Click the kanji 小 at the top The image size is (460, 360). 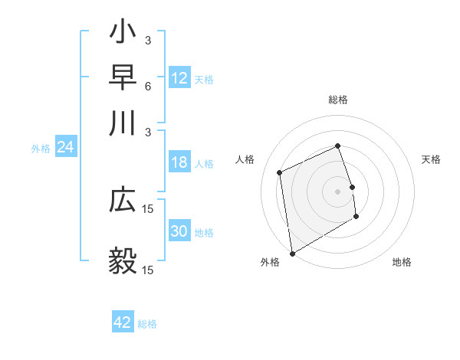123,36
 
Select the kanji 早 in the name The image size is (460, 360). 123,78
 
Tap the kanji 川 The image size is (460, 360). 123,122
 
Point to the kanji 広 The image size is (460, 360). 123,199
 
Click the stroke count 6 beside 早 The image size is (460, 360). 147,87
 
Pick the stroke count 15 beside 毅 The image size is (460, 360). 148,270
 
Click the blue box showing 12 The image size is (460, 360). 179,78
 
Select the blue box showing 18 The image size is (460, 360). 179,162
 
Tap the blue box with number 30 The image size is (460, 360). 179,231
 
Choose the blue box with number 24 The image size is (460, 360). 65,148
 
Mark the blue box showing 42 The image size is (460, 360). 123,322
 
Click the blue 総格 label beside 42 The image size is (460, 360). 147,324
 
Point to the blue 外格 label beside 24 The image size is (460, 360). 41,149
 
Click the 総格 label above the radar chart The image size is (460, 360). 338,100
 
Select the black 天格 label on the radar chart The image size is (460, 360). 432,159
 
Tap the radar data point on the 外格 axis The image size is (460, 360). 292,254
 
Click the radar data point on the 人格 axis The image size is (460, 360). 280,172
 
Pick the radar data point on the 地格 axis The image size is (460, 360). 356,217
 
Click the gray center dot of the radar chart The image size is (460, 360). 338,191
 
